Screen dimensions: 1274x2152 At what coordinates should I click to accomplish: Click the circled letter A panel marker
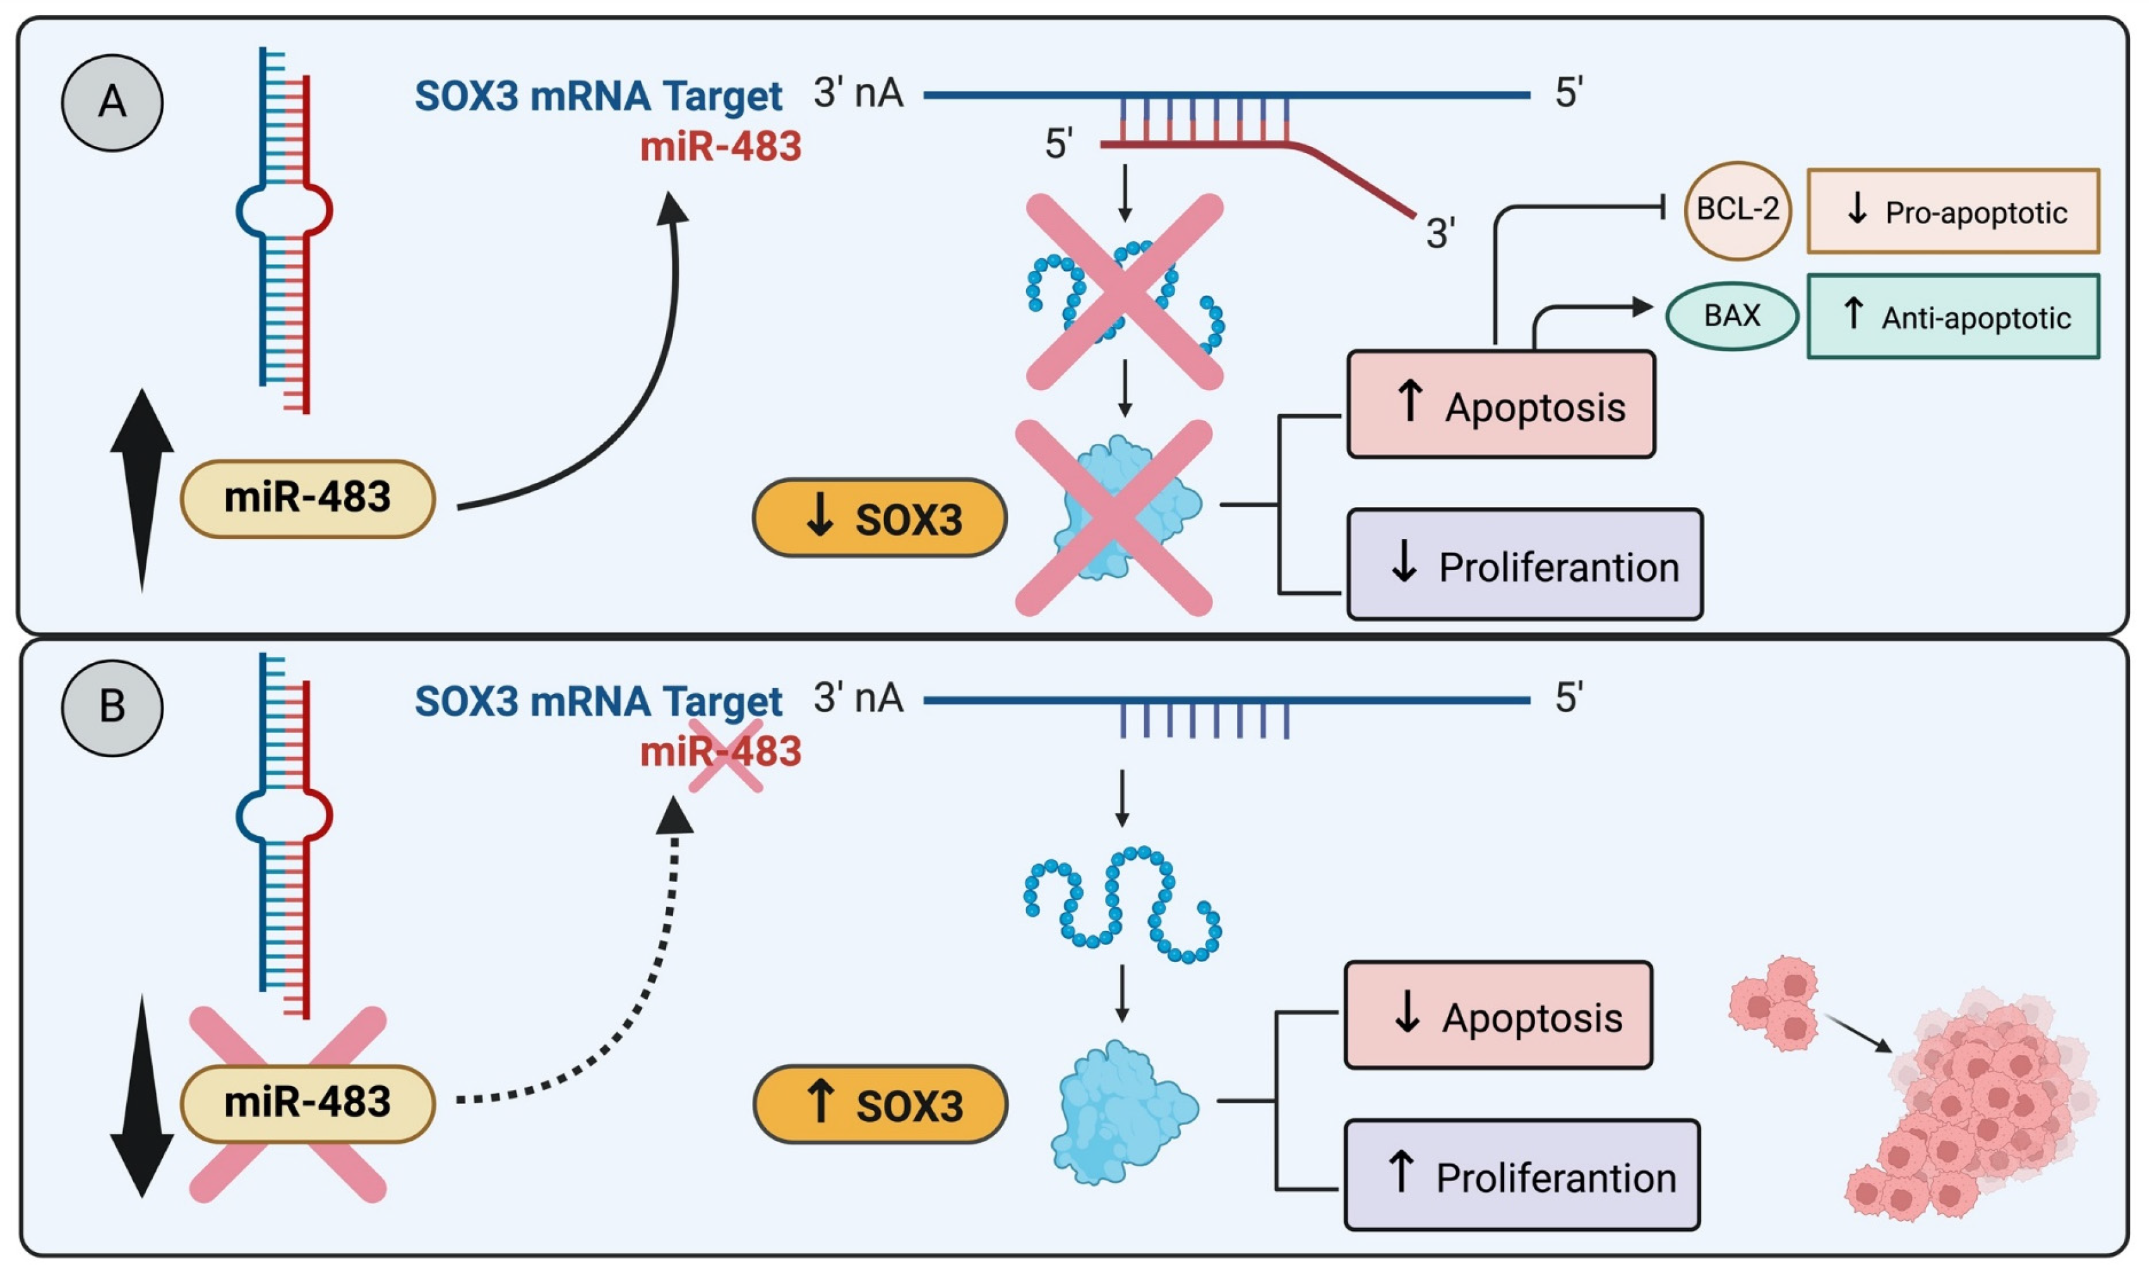pyautogui.click(x=112, y=102)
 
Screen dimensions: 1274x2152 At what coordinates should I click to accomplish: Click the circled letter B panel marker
pyautogui.click(x=112, y=708)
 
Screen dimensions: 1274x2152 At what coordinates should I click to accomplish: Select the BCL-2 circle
pyautogui.click(x=1737, y=210)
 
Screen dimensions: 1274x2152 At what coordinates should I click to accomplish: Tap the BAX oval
pyautogui.click(x=1731, y=316)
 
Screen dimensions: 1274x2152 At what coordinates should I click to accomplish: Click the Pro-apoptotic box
pyautogui.click(x=1953, y=211)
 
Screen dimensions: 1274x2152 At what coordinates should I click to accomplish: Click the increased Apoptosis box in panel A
pyautogui.click(x=1500, y=404)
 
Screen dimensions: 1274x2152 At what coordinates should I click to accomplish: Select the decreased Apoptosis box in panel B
pyautogui.click(x=1498, y=1016)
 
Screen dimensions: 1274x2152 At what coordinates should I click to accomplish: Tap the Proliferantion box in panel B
pyautogui.click(x=1521, y=1176)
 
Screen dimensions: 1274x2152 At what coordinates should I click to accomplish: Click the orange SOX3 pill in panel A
pyautogui.click(x=880, y=518)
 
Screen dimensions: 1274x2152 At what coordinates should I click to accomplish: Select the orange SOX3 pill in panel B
pyautogui.click(x=880, y=1104)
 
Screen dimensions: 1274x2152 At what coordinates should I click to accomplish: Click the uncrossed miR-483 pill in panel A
pyautogui.click(x=308, y=499)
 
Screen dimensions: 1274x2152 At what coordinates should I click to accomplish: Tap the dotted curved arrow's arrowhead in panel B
pyautogui.click(x=674, y=816)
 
